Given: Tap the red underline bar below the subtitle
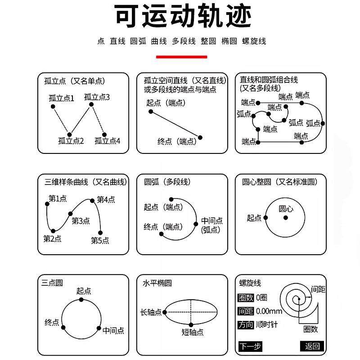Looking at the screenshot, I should click(181, 57).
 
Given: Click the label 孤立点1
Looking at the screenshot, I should click(62, 98).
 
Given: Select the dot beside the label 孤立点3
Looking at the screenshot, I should click(91, 104).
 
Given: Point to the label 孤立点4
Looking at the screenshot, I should click(108, 141).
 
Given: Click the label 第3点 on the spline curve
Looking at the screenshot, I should click(81, 220).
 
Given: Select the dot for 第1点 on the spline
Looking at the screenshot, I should click(47, 204).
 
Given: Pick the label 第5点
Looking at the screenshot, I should click(100, 240).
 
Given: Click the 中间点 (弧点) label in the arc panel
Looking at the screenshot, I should click(211, 225).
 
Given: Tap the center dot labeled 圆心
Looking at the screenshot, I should click(285, 218).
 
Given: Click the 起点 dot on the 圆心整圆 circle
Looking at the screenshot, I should click(265, 218).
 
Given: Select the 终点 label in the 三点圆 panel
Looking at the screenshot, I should click(52, 322).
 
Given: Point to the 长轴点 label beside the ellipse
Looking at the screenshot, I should click(151, 312).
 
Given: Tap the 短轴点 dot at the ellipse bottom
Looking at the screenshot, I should click(191, 324).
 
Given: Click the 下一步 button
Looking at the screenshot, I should click(250, 346).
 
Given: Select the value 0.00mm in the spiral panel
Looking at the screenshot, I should click(269, 311).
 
